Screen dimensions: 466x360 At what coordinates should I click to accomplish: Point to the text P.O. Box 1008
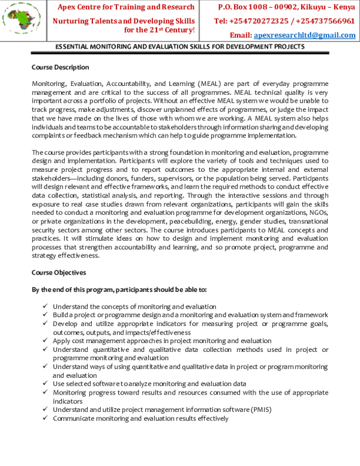(242, 7)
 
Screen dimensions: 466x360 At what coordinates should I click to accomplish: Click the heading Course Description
(60, 67)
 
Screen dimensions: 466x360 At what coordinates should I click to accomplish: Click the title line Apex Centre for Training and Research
(126, 7)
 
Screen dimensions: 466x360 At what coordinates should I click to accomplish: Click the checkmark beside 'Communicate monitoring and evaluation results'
(46, 419)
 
